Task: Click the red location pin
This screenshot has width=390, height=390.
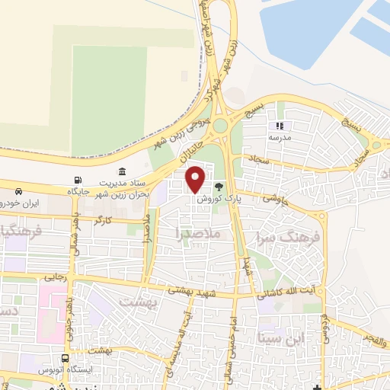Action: coord(196,177)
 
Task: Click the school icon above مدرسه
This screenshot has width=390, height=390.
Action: coord(280,126)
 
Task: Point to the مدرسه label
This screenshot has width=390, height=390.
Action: coord(280,139)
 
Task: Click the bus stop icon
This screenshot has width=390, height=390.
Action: coord(66,357)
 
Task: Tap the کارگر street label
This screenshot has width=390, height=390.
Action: coord(103,219)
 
